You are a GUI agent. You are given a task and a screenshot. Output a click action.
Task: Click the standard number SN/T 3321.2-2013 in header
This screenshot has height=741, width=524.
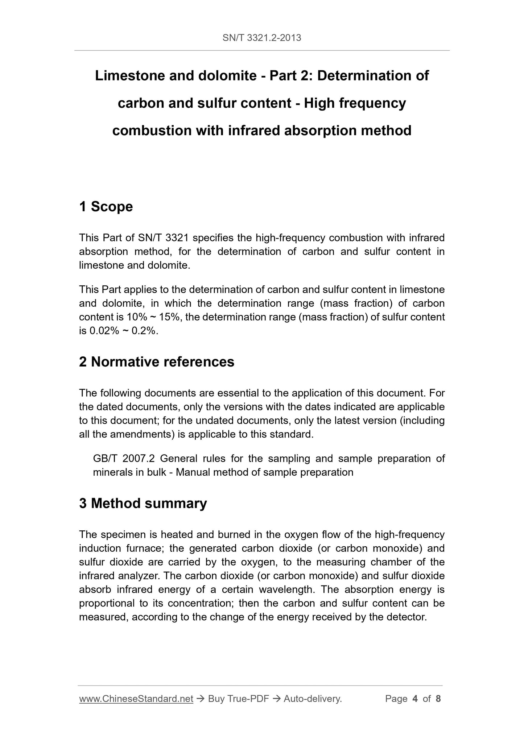click(262, 38)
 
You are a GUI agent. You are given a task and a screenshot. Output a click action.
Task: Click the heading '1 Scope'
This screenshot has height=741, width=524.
click(106, 207)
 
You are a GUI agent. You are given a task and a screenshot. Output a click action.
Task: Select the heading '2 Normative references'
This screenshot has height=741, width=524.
click(157, 362)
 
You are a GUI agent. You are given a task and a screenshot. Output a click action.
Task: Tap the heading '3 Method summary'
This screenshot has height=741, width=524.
click(143, 503)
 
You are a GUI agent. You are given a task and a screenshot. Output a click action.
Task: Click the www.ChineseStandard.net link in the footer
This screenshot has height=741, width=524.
click(136, 699)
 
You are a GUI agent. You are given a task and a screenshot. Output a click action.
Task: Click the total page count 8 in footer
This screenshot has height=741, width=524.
click(438, 699)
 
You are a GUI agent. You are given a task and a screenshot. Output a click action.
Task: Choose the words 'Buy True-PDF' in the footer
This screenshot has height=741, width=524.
click(238, 699)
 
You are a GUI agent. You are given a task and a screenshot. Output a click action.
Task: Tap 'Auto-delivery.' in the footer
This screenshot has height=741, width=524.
click(313, 699)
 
